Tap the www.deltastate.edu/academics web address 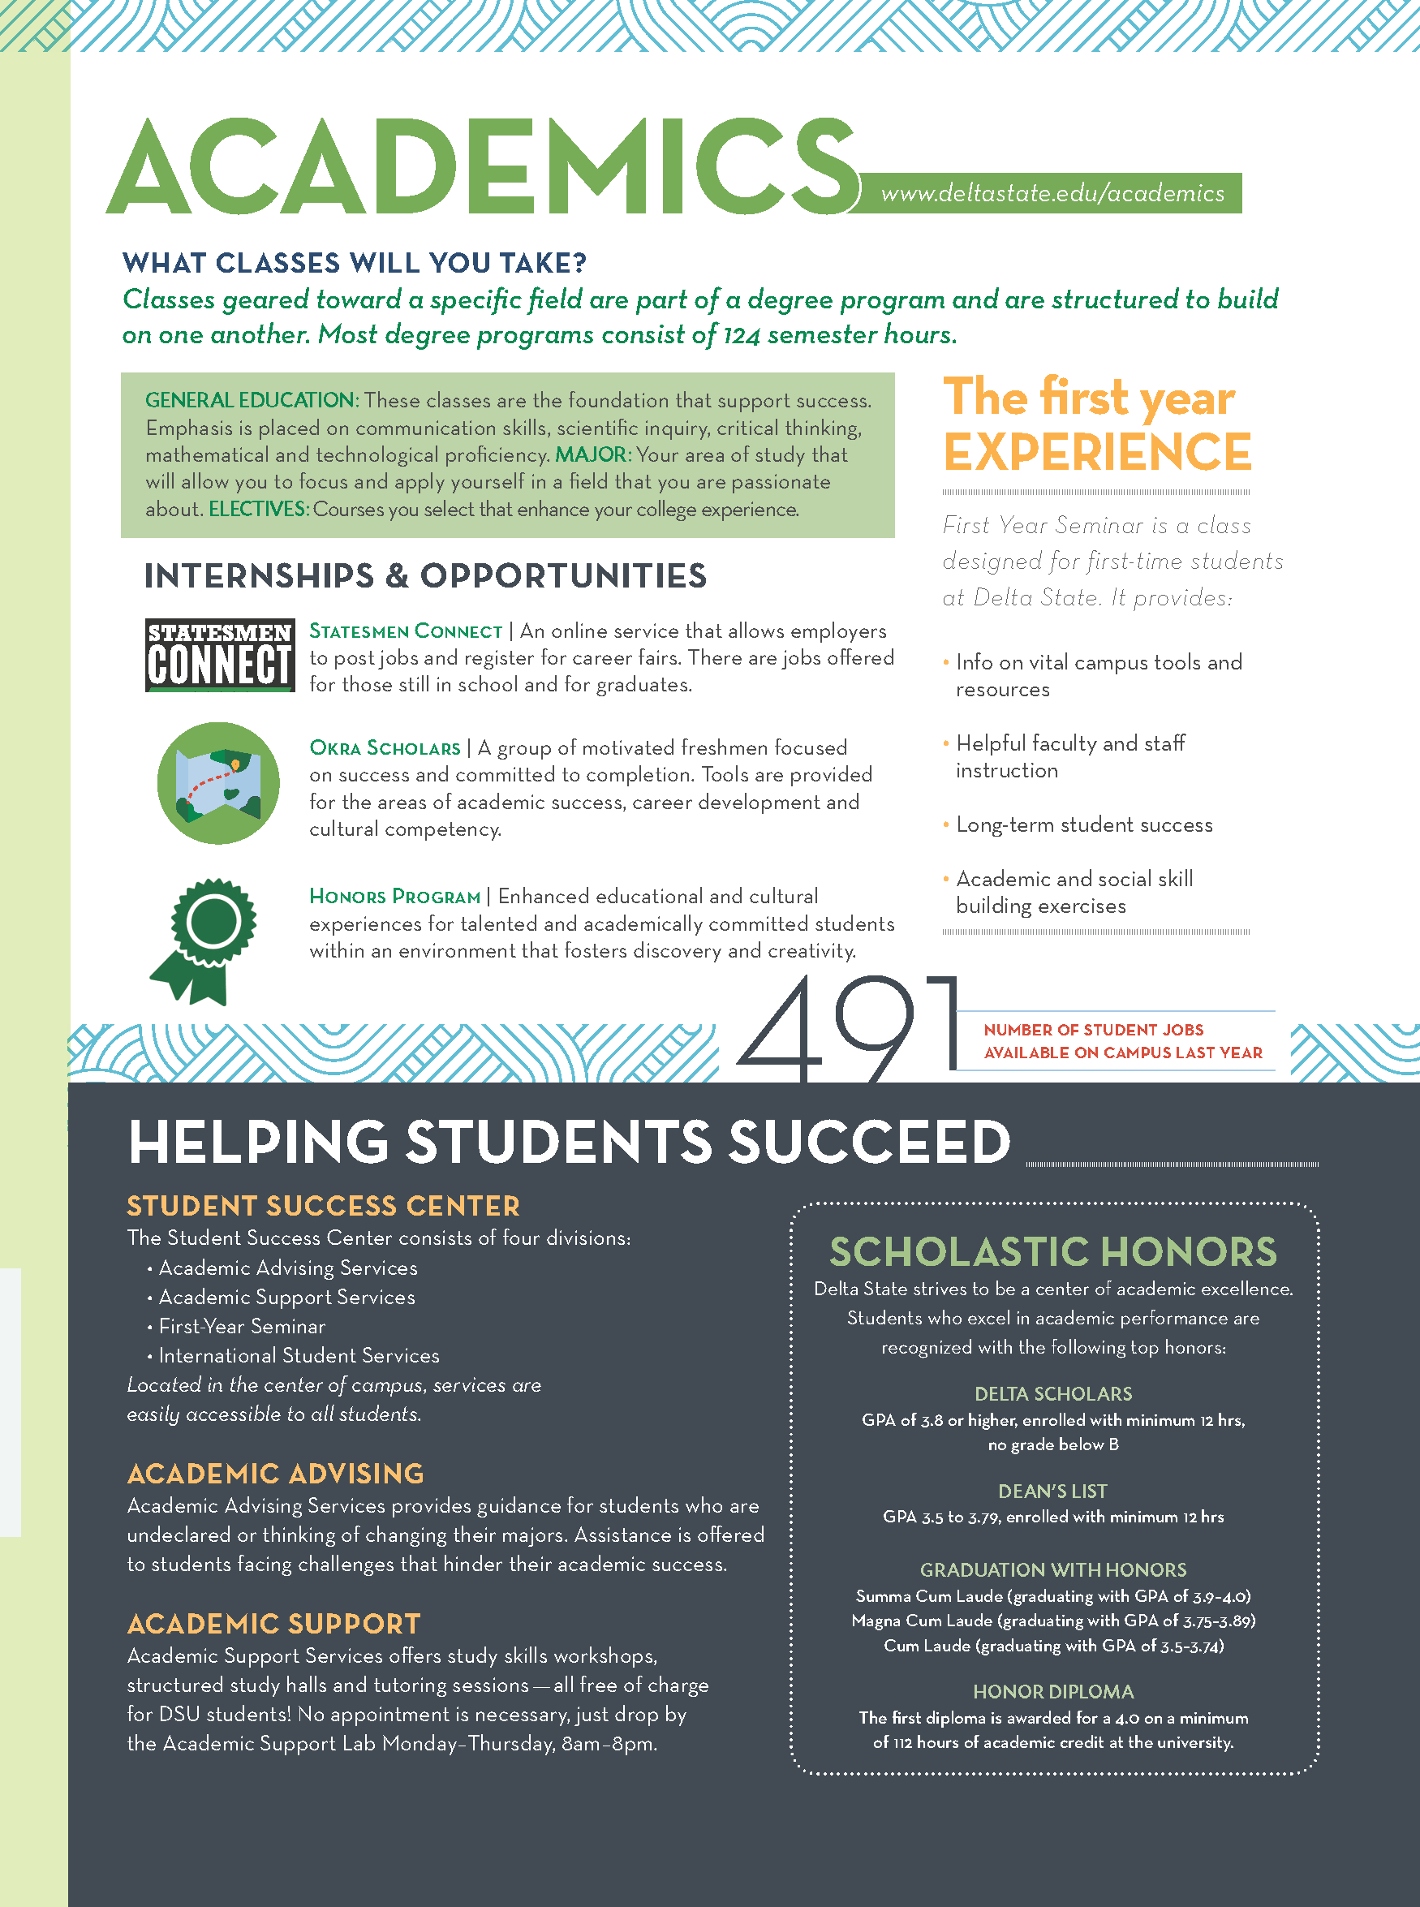click(x=1052, y=193)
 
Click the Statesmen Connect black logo click(x=220, y=655)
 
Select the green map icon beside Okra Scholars click(x=218, y=782)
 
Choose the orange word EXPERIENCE click(x=1097, y=452)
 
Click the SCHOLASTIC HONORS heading click(x=1053, y=1251)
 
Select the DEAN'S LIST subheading click(x=1053, y=1491)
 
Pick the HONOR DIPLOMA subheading click(x=1053, y=1691)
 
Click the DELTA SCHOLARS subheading click(x=1053, y=1393)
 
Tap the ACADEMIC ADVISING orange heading click(x=275, y=1474)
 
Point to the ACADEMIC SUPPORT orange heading click(x=273, y=1624)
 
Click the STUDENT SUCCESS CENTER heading click(x=323, y=1206)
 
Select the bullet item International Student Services click(x=299, y=1355)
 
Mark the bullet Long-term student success click(x=1083, y=825)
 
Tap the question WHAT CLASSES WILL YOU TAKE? click(x=354, y=263)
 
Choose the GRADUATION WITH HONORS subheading click(x=1053, y=1569)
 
